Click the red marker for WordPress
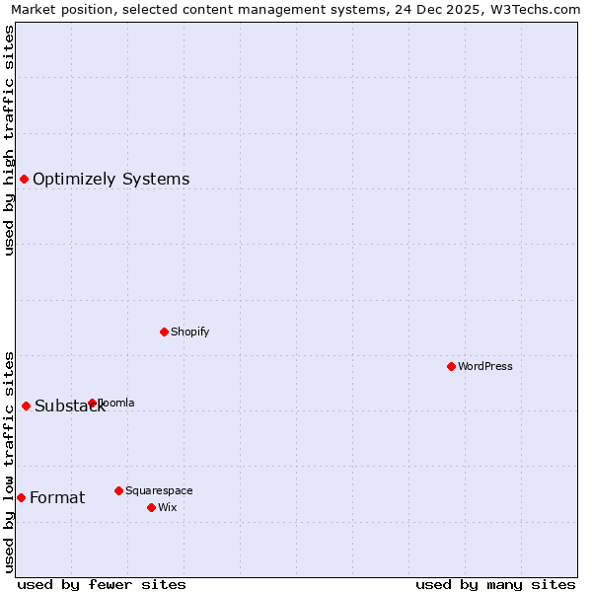pos(451,366)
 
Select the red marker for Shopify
pos(164,332)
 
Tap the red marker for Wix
pos(151,507)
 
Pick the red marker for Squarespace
pos(118,490)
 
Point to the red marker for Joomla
pos(92,403)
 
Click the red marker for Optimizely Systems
pos(24,179)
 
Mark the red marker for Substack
pos(26,406)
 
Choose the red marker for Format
pos(21,497)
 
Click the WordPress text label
pos(485,366)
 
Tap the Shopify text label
pos(190,332)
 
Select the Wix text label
pos(168,507)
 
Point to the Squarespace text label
pos(159,490)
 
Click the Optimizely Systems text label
pos(111,179)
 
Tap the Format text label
pos(57,497)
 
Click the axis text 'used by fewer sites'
pos(102,584)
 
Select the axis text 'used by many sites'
pos(495,584)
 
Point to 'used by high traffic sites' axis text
pos(9,140)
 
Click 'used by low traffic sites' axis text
pos(9,461)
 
